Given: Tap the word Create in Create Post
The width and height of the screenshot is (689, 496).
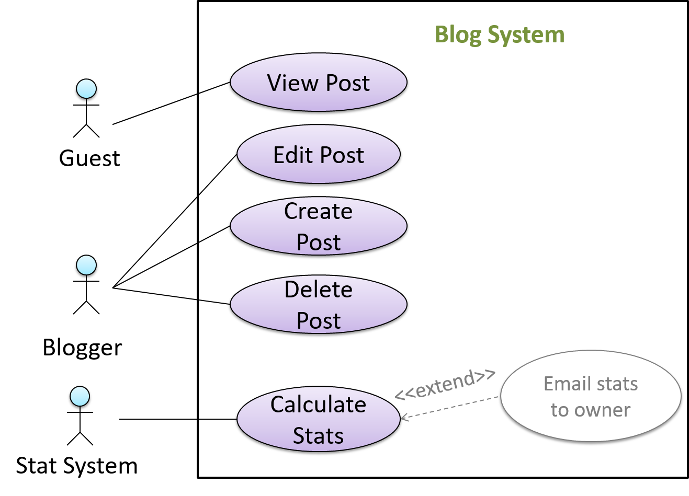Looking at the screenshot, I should (x=318, y=211).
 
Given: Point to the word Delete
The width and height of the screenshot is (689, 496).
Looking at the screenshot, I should (x=318, y=290).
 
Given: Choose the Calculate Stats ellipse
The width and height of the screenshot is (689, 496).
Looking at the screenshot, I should (x=318, y=420).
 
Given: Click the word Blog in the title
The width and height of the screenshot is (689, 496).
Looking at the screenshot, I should (x=458, y=35).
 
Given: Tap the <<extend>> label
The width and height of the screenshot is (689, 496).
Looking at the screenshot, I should (x=445, y=384).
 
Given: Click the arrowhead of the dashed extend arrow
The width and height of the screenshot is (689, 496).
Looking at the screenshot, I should (x=403, y=417).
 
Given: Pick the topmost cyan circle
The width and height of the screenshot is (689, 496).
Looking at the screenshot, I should (x=86, y=89).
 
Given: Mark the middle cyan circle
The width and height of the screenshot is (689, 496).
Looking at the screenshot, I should (x=86, y=265).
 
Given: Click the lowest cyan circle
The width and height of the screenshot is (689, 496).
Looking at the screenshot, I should (x=80, y=396).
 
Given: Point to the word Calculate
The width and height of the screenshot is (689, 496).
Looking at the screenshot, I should (x=318, y=405).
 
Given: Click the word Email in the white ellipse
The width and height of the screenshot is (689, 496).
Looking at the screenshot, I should (x=564, y=384).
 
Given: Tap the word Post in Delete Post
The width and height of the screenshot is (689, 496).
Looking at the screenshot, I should (x=318, y=321).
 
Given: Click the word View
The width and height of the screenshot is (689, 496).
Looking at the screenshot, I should (x=292, y=83).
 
